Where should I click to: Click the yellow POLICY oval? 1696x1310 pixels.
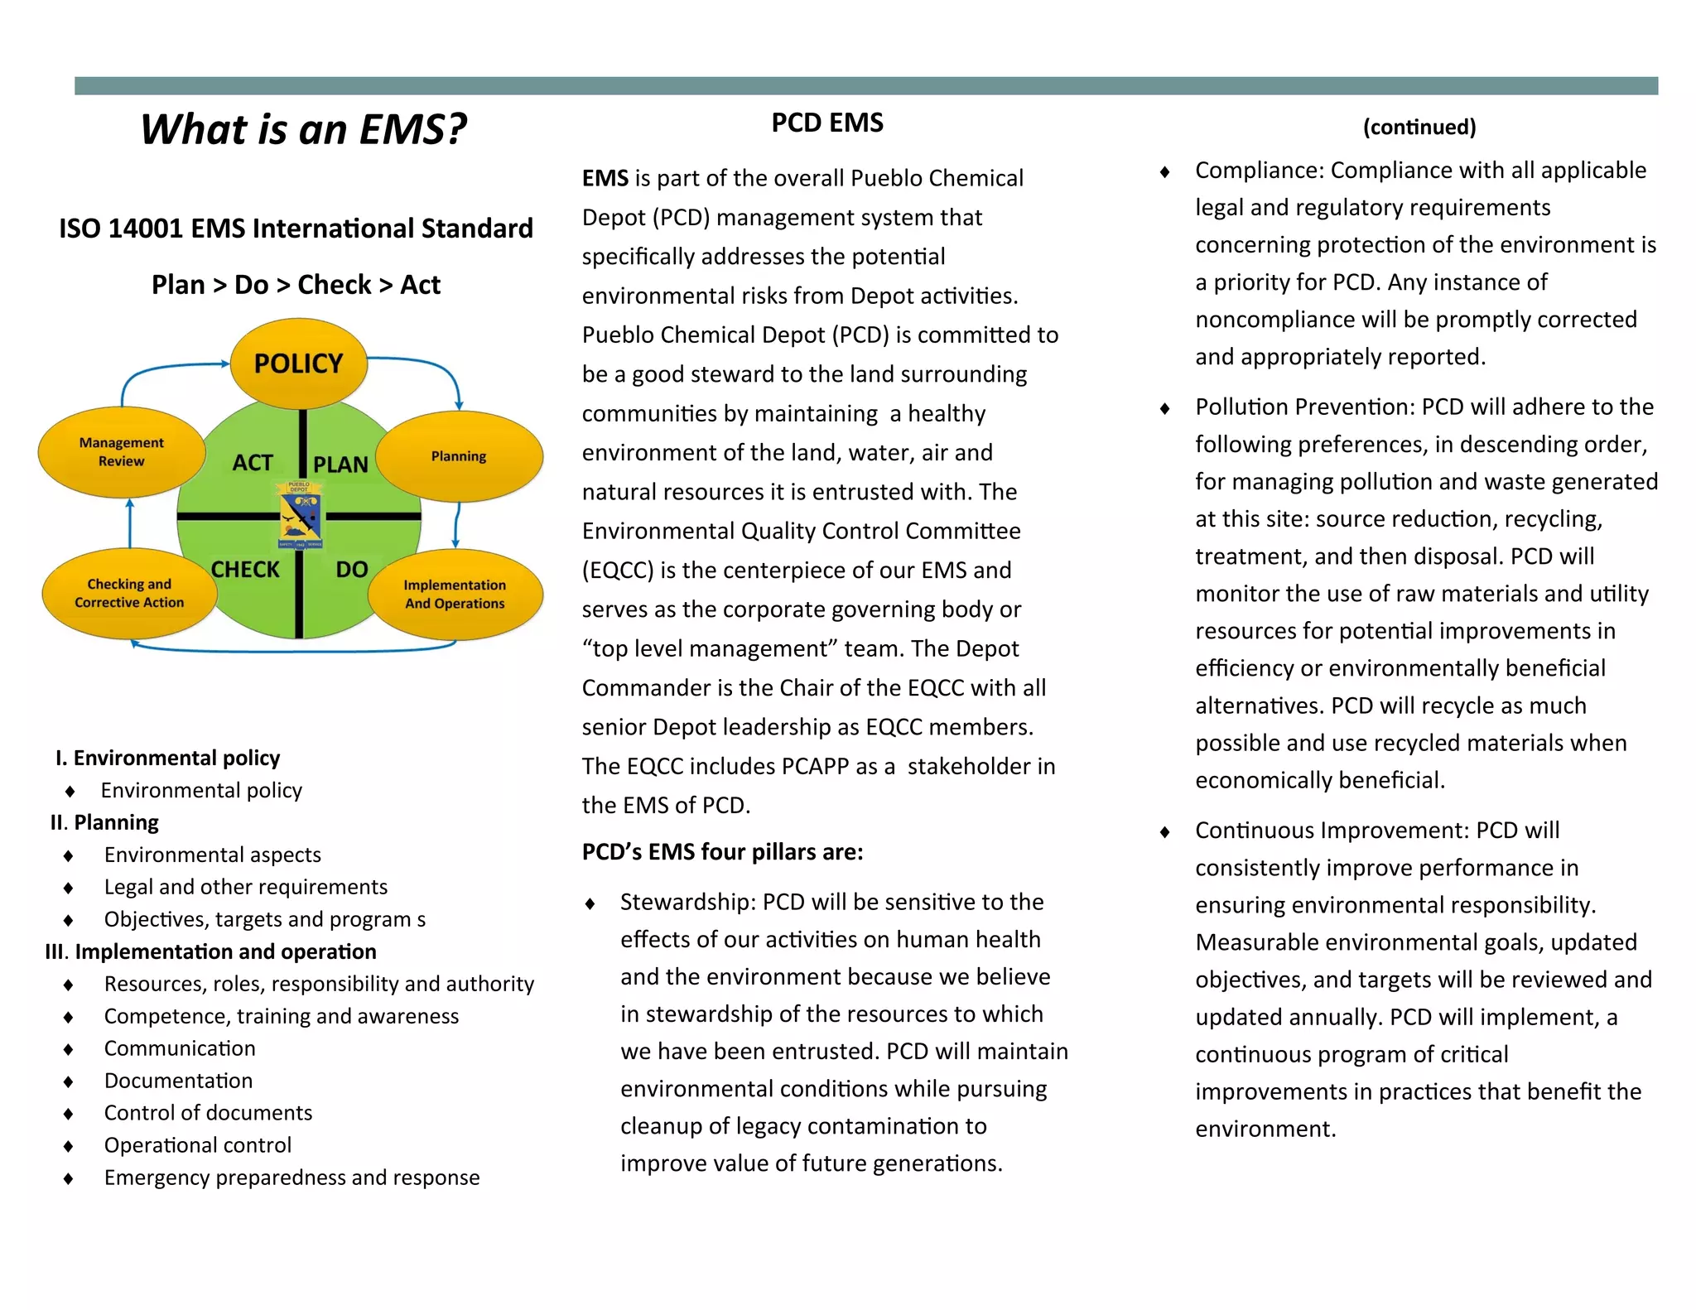[298, 364]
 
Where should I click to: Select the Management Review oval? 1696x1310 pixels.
[122, 452]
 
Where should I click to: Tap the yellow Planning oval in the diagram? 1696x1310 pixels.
[459, 456]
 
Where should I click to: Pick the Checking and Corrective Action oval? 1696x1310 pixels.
[129, 594]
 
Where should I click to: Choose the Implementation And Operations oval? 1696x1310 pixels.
[455, 595]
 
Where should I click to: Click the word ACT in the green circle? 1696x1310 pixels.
[253, 463]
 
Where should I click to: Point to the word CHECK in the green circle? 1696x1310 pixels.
[245, 570]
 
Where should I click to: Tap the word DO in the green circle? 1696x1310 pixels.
[352, 570]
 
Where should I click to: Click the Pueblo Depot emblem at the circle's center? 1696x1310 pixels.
[300, 515]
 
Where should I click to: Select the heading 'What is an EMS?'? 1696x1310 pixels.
[303, 129]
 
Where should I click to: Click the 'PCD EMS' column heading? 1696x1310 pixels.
[827, 123]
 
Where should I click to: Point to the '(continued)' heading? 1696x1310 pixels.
[1419, 127]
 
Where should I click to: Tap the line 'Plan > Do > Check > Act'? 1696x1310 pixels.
[296, 285]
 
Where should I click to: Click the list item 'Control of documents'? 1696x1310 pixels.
[208, 1113]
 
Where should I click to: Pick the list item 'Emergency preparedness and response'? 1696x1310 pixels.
[291, 1178]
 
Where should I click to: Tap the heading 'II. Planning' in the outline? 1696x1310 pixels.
[104, 822]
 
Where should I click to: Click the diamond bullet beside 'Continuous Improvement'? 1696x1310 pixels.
[1165, 831]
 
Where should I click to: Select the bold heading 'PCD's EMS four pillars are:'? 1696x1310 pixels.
[722, 852]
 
